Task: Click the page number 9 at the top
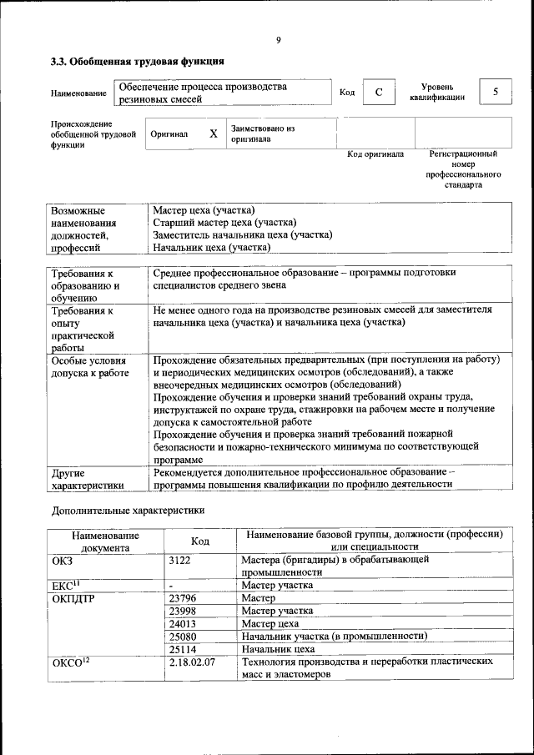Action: (278, 39)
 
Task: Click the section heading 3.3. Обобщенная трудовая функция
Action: (137, 62)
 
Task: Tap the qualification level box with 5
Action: (496, 92)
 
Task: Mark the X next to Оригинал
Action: (213, 133)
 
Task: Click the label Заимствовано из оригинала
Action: (264, 134)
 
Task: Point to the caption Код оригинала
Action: (375, 154)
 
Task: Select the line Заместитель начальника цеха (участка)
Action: (243, 235)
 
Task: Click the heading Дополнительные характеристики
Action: (128, 509)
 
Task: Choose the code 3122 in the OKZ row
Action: (180, 560)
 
